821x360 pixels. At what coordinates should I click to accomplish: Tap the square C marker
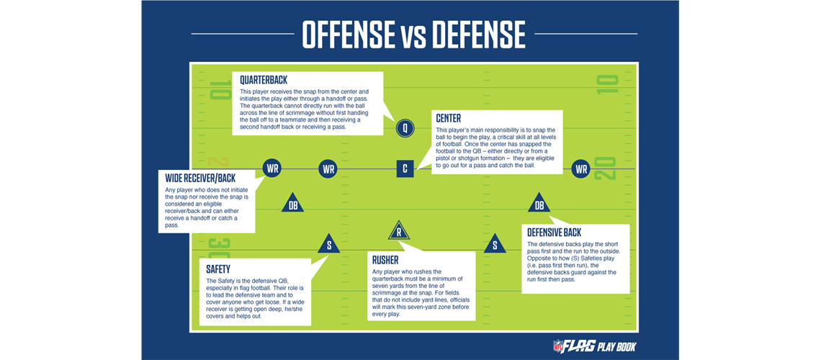(405, 169)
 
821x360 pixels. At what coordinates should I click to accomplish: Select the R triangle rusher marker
(398, 230)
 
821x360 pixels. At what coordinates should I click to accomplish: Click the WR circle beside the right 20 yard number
(580, 169)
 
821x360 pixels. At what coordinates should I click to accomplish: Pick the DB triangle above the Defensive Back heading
(539, 203)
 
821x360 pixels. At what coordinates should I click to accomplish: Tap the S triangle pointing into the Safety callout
(329, 244)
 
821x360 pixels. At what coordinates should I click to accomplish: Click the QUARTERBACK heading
(264, 81)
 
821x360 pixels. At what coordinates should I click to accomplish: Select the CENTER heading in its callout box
(448, 119)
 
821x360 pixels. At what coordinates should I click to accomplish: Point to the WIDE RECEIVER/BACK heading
(200, 179)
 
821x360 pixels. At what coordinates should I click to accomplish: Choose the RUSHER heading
(385, 259)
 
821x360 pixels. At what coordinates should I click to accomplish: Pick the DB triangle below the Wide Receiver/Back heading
(292, 203)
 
